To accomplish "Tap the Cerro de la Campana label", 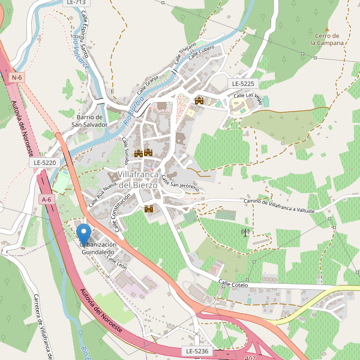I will pyautogui.click(x=327, y=40).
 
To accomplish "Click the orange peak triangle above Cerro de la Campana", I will pyautogui.click(x=327, y=28).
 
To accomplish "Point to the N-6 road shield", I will pyautogui.click(x=17, y=77).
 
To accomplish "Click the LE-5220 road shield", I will pyautogui.click(x=45, y=162).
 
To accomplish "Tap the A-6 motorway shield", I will pyautogui.click(x=46, y=199).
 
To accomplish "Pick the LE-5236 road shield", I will pyautogui.click(x=196, y=350).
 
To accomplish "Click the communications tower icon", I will pyautogui.click(x=245, y=232).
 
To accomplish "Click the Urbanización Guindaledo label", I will pyautogui.click(x=97, y=248).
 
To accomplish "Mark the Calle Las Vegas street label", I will pyautogui.click(x=247, y=95).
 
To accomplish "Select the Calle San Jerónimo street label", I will pyautogui.click(x=180, y=187).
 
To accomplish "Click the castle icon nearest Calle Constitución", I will pyautogui.click(x=149, y=209).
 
